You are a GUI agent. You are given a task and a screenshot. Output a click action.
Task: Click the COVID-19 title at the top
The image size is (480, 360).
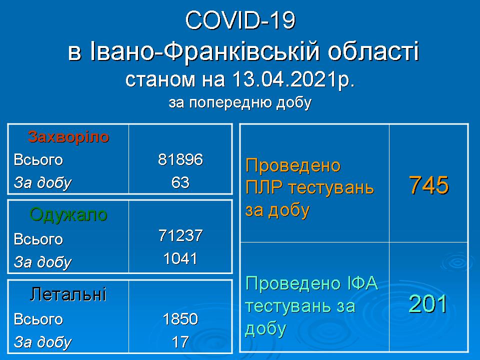pyautogui.click(x=240, y=21)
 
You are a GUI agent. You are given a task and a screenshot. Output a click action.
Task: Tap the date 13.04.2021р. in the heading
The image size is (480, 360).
pyautogui.click(x=293, y=79)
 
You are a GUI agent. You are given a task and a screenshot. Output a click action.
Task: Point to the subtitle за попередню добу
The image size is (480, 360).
pyautogui.click(x=240, y=103)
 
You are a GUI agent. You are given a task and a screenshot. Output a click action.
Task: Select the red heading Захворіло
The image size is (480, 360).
pyautogui.click(x=68, y=137)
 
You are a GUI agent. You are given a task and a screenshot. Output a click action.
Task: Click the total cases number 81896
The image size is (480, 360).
pyautogui.click(x=180, y=159)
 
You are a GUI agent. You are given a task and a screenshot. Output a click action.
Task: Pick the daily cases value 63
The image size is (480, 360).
pyautogui.click(x=180, y=182)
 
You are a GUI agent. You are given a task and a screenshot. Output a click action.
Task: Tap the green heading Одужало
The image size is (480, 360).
pyautogui.click(x=68, y=214)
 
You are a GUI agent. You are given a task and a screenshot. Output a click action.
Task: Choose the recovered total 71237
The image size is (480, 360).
pyautogui.click(x=180, y=235)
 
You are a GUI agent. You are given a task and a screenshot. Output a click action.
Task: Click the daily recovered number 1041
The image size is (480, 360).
pyautogui.click(x=180, y=258)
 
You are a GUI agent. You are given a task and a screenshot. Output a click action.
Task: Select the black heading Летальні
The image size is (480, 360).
pyautogui.click(x=68, y=294)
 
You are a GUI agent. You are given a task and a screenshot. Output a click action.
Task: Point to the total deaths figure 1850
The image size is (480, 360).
pyautogui.click(x=180, y=319)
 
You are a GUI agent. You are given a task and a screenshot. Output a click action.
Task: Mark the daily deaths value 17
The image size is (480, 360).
pyautogui.click(x=180, y=342)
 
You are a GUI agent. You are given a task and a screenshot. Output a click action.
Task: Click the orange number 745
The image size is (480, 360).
pyautogui.click(x=429, y=185)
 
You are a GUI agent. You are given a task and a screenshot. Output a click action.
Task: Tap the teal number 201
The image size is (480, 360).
pyautogui.click(x=428, y=304)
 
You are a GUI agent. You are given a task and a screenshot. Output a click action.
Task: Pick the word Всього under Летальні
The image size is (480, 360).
pyautogui.click(x=38, y=319)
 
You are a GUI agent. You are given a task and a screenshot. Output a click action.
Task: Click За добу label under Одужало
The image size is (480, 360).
pyautogui.click(x=42, y=262)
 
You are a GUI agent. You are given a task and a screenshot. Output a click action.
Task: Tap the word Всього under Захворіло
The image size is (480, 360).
pyautogui.click(x=38, y=160)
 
